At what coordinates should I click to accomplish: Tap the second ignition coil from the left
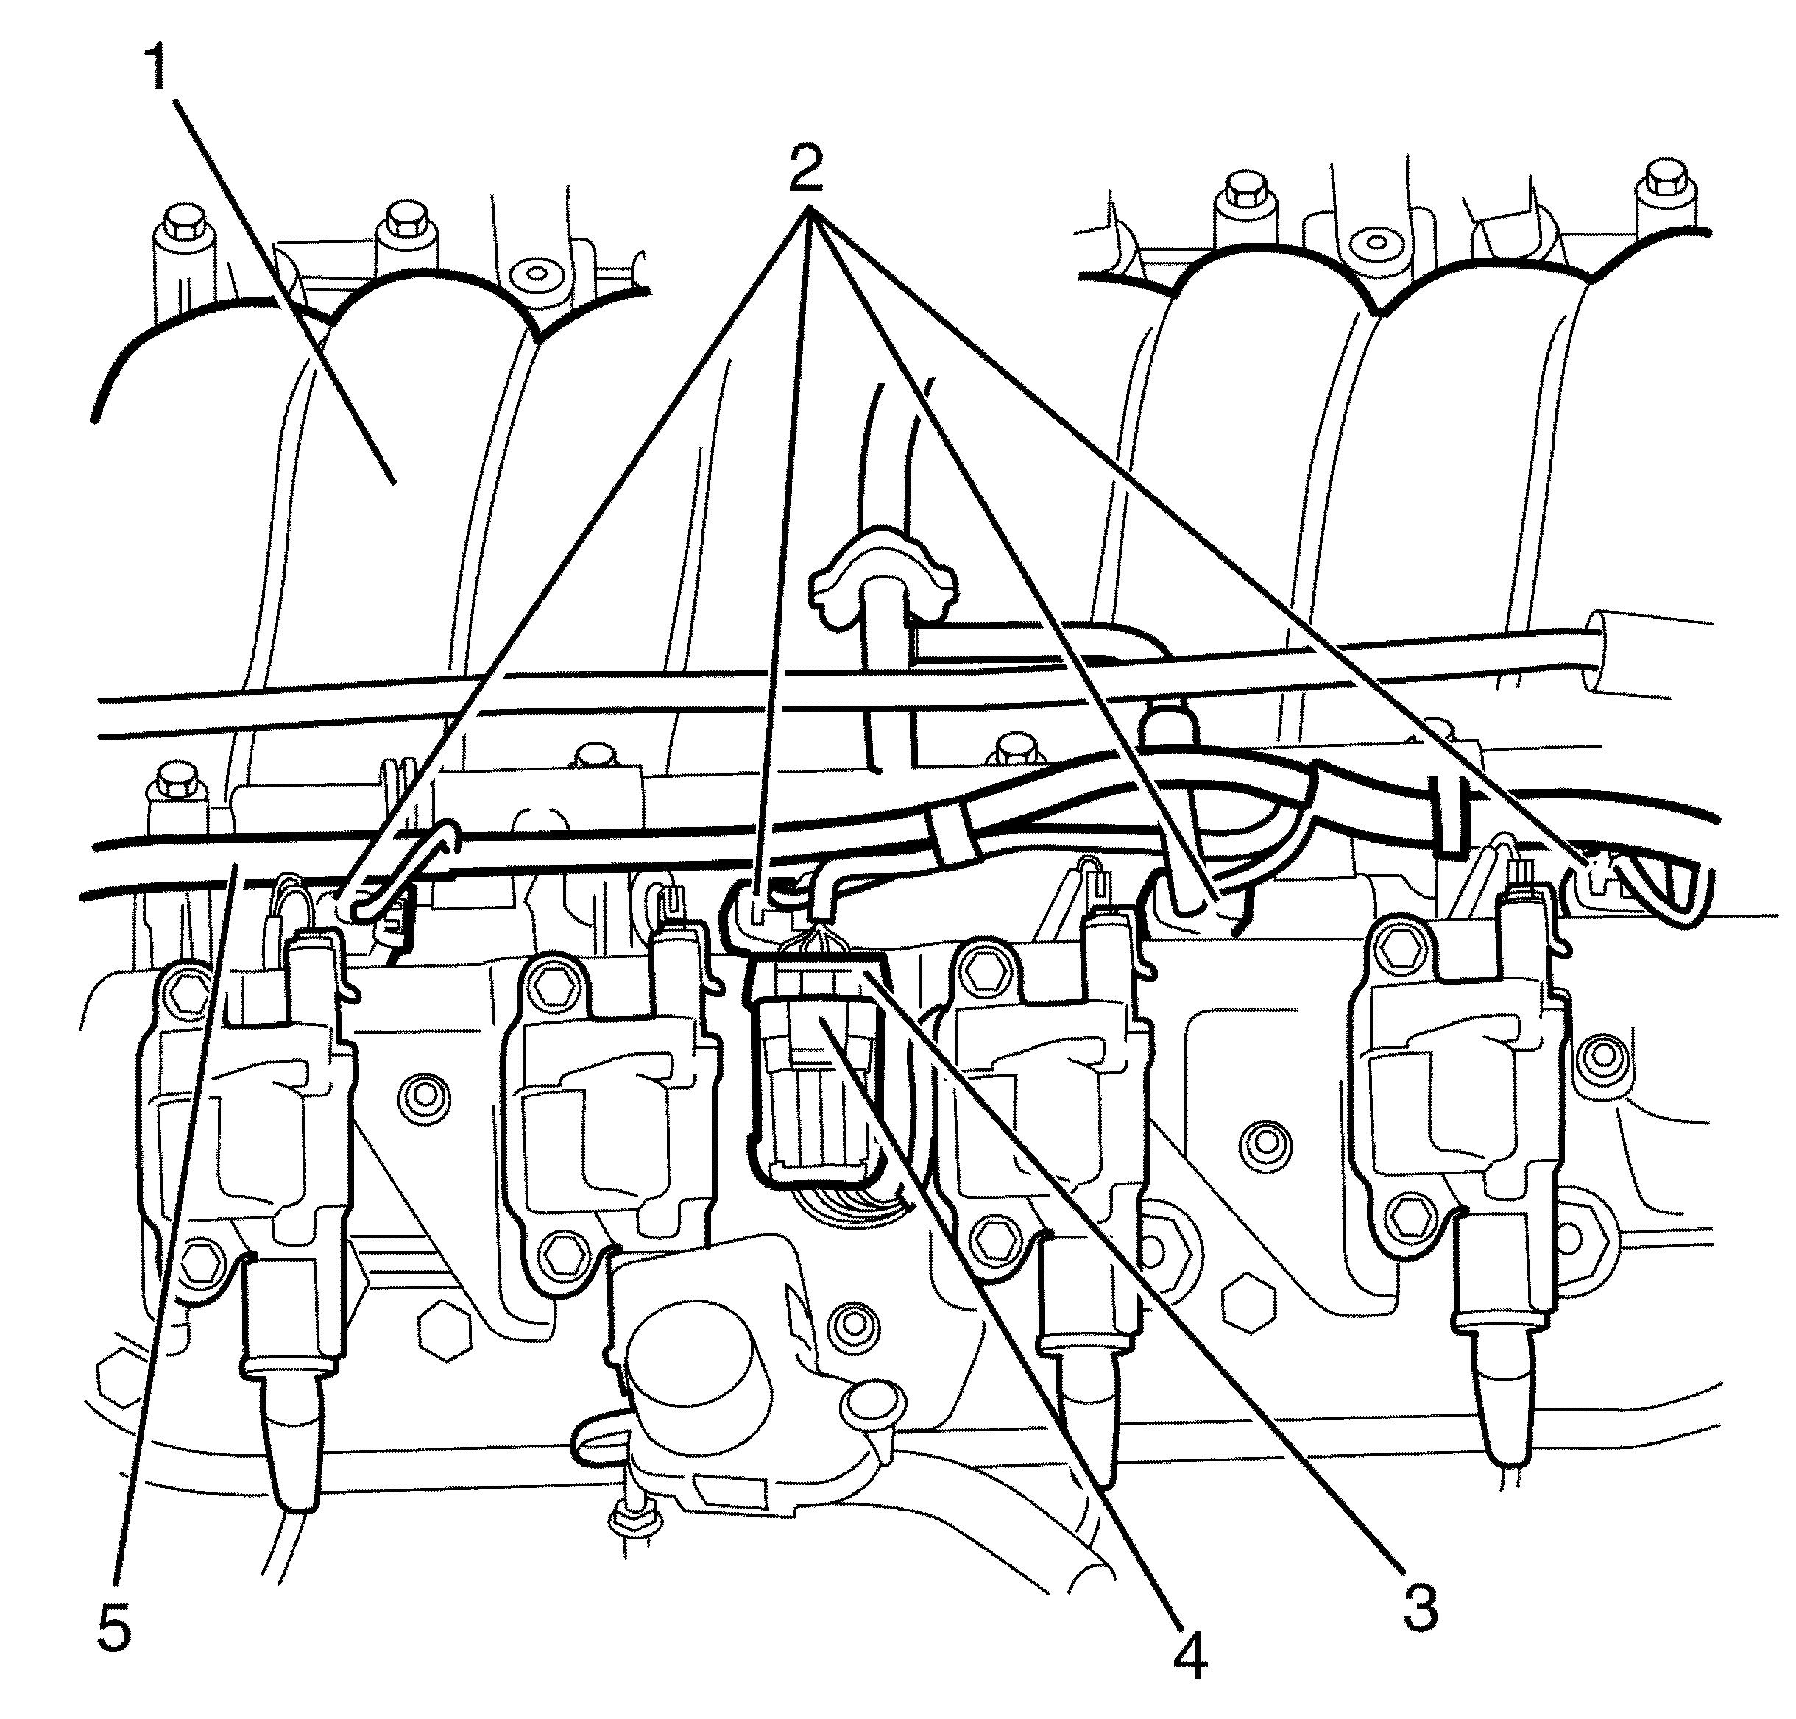(605, 1099)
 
